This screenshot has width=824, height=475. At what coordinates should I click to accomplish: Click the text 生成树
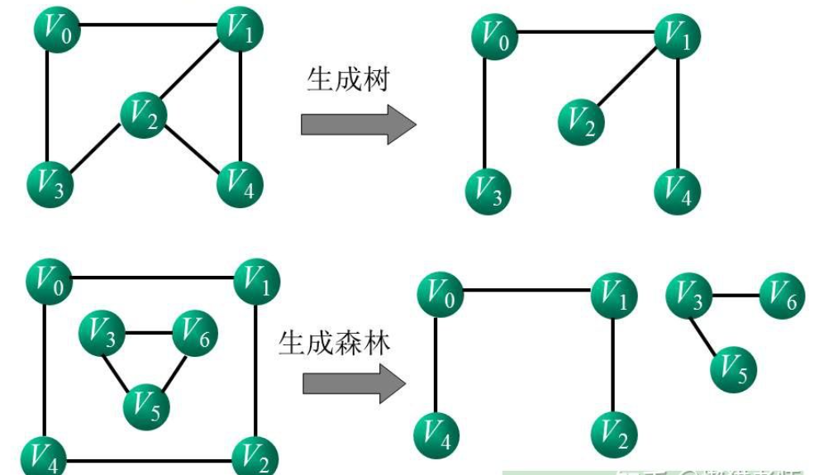point(347,80)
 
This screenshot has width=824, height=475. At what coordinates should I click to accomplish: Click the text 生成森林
point(334,340)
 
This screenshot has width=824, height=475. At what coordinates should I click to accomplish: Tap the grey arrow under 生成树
point(357,125)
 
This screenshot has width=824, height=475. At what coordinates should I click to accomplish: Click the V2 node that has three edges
point(144,115)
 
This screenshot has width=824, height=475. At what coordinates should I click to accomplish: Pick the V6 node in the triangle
point(193,334)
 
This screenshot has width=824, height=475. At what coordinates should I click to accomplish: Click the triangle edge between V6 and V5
point(171,370)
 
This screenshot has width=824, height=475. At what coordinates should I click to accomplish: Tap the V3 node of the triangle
point(101,335)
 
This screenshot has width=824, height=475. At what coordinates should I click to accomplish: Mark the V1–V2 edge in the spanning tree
point(629,79)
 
